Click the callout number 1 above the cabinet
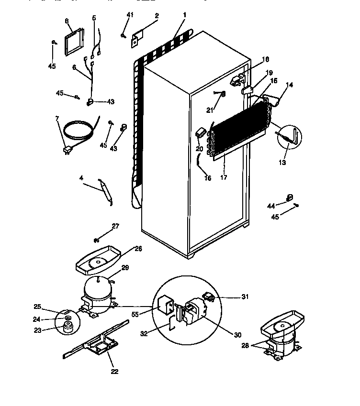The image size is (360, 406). pos(184,15)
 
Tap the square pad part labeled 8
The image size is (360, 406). pos(73,42)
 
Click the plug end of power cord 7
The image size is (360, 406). pos(67,152)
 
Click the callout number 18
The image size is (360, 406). pos(266,60)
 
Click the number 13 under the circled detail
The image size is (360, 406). pos(283,163)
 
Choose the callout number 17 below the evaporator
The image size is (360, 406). pos(224,177)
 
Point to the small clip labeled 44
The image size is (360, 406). pos(289,198)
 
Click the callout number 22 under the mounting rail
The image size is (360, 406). pos(114,371)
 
